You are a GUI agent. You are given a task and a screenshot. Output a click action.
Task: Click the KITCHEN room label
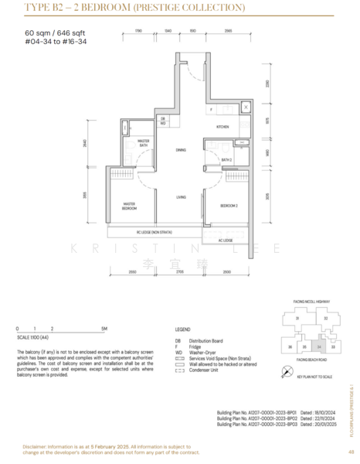coord(222,125)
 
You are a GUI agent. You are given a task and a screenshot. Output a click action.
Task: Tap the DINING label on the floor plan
coord(180,150)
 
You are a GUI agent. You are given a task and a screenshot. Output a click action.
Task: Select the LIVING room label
coord(180,197)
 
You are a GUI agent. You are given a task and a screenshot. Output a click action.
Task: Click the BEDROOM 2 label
coord(228,205)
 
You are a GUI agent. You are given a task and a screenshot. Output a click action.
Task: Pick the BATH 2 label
coord(226,160)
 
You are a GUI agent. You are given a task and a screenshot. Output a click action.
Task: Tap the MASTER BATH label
coord(143,143)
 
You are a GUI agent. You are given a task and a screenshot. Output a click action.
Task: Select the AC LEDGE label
coord(226,240)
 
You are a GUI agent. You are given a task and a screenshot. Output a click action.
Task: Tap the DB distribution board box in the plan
coord(163,118)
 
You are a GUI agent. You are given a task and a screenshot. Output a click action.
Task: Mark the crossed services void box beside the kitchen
coord(245,107)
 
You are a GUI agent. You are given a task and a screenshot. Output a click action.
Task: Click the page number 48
coord(351,452)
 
